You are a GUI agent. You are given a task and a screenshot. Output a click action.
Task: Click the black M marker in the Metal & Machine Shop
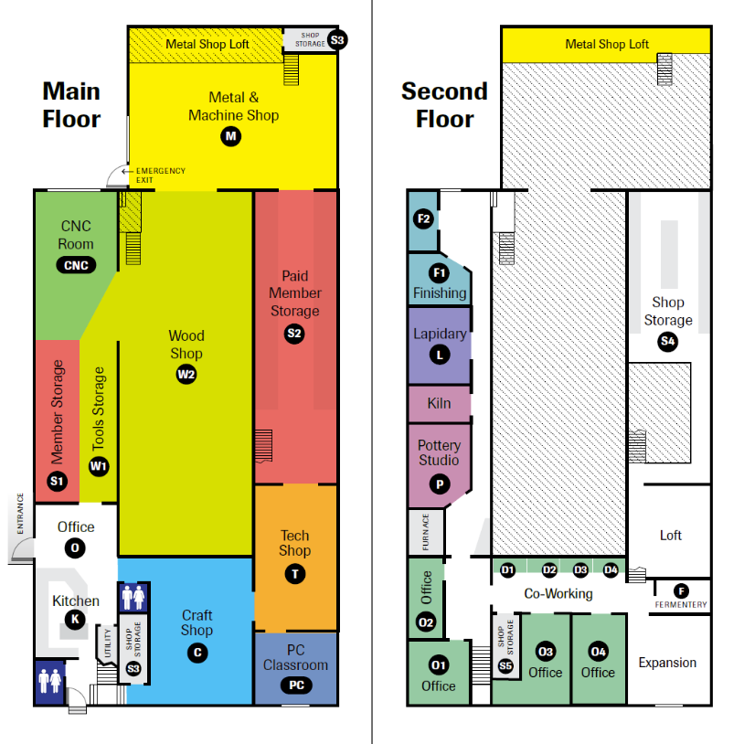pyautogui.click(x=230, y=136)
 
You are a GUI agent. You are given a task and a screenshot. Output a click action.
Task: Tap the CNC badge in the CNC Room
pyautogui.click(x=76, y=265)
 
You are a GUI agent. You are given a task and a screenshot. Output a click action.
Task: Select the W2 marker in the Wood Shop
pyautogui.click(x=186, y=373)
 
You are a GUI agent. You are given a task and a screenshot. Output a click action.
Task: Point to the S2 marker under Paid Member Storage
pyautogui.click(x=294, y=334)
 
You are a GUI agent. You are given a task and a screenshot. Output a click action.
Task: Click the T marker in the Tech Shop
pyautogui.click(x=294, y=573)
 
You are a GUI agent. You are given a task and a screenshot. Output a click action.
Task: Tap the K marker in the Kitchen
pyautogui.click(x=76, y=619)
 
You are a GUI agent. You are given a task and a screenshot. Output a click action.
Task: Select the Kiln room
pyautogui.click(x=439, y=403)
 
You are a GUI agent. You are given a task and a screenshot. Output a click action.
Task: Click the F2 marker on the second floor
pyautogui.click(x=423, y=219)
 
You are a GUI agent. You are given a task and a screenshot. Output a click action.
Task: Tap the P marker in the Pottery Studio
pyautogui.click(x=439, y=484)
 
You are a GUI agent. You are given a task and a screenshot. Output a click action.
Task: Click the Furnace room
pyautogui.click(x=425, y=531)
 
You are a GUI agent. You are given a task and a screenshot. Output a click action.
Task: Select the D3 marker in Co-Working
pyautogui.click(x=580, y=570)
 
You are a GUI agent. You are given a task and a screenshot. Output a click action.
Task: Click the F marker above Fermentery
pyautogui.click(x=681, y=590)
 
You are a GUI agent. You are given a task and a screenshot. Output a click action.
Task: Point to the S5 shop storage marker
pyautogui.click(x=505, y=665)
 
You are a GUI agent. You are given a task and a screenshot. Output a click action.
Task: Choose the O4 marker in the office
pyautogui.click(x=598, y=652)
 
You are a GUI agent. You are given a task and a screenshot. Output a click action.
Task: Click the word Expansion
pyautogui.click(x=667, y=663)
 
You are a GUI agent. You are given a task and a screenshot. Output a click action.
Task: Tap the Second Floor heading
pyautogui.click(x=444, y=104)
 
